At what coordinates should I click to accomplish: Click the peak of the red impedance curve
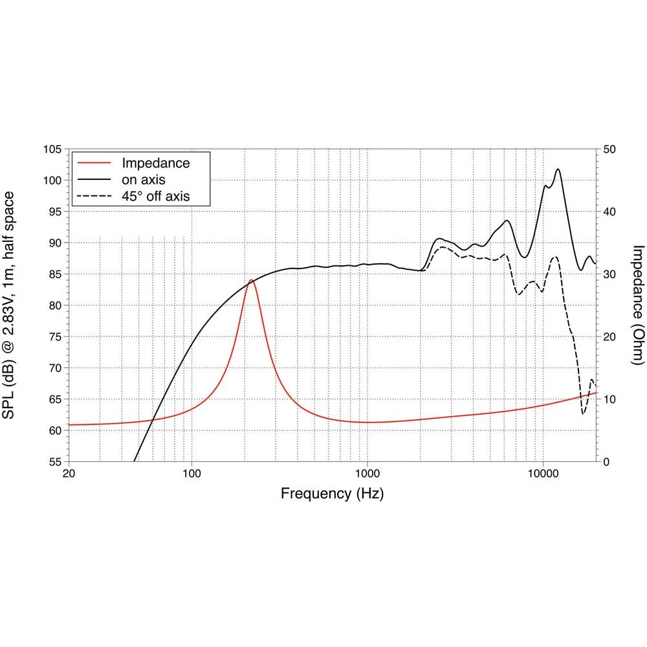(x=251, y=280)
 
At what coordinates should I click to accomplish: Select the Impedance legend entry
(x=156, y=162)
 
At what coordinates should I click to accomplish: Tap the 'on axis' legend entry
(x=143, y=179)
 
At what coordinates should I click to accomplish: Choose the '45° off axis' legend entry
(x=156, y=195)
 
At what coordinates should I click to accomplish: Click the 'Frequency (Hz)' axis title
(x=332, y=494)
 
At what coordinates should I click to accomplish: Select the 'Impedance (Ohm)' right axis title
(x=638, y=305)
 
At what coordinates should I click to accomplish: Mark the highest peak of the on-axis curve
(x=558, y=170)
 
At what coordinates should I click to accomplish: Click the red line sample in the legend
(x=94, y=162)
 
